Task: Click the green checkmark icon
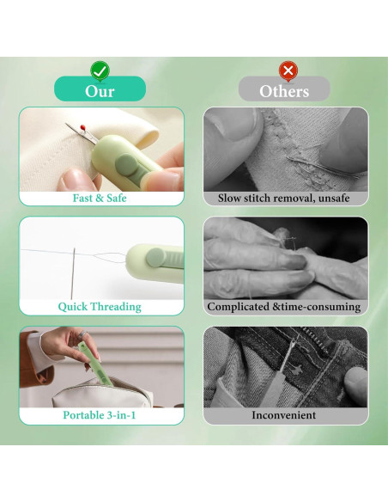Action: click(x=100, y=70)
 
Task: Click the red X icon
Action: click(x=288, y=70)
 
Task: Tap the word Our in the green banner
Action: click(x=100, y=91)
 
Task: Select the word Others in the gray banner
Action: click(x=284, y=91)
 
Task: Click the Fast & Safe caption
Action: click(x=100, y=198)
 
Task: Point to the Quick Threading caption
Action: click(x=100, y=306)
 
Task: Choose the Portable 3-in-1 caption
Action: click(x=100, y=415)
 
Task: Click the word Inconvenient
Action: click(x=284, y=415)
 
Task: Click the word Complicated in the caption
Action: click(x=238, y=307)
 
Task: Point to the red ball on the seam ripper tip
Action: click(x=82, y=126)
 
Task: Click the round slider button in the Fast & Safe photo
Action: click(x=127, y=164)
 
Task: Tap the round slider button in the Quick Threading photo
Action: click(x=155, y=257)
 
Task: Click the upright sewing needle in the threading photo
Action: click(x=73, y=273)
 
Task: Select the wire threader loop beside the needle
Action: click(x=110, y=257)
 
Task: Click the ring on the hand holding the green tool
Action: click(x=82, y=335)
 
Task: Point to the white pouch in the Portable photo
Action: click(x=102, y=393)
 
